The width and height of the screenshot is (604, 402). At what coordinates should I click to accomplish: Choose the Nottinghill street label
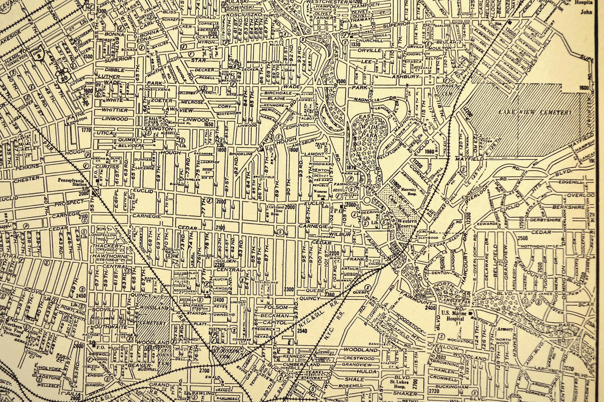[535, 246]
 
